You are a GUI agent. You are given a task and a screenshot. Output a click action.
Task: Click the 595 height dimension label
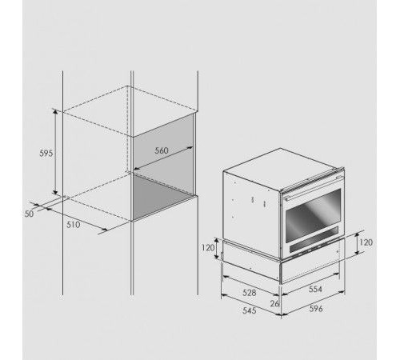46,154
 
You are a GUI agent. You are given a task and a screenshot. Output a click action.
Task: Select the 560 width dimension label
162,150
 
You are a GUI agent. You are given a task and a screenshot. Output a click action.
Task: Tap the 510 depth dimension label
73,225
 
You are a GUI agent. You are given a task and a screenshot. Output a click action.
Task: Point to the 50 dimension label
30,214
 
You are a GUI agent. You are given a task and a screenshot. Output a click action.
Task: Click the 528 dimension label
250,293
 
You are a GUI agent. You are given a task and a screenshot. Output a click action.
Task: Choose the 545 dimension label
250,310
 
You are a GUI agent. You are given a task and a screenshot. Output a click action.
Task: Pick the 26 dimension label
274,303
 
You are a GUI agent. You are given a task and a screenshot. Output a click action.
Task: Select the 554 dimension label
315,289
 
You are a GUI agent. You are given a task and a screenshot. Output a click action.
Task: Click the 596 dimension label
316,309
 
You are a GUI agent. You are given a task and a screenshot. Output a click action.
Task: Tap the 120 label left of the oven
208,248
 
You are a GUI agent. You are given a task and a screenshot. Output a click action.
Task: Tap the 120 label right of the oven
366,242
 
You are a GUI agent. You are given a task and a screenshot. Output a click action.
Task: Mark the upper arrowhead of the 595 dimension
55,112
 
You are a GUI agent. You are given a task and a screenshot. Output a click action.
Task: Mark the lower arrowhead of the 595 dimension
55,192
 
